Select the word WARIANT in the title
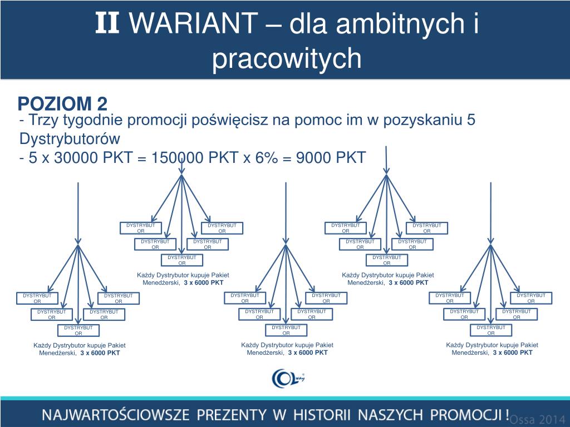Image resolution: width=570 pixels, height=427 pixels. [x=198, y=24]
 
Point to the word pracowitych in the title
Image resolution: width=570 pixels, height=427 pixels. [x=287, y=58]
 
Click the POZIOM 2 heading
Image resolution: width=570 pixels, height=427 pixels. [x=62, y=103]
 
